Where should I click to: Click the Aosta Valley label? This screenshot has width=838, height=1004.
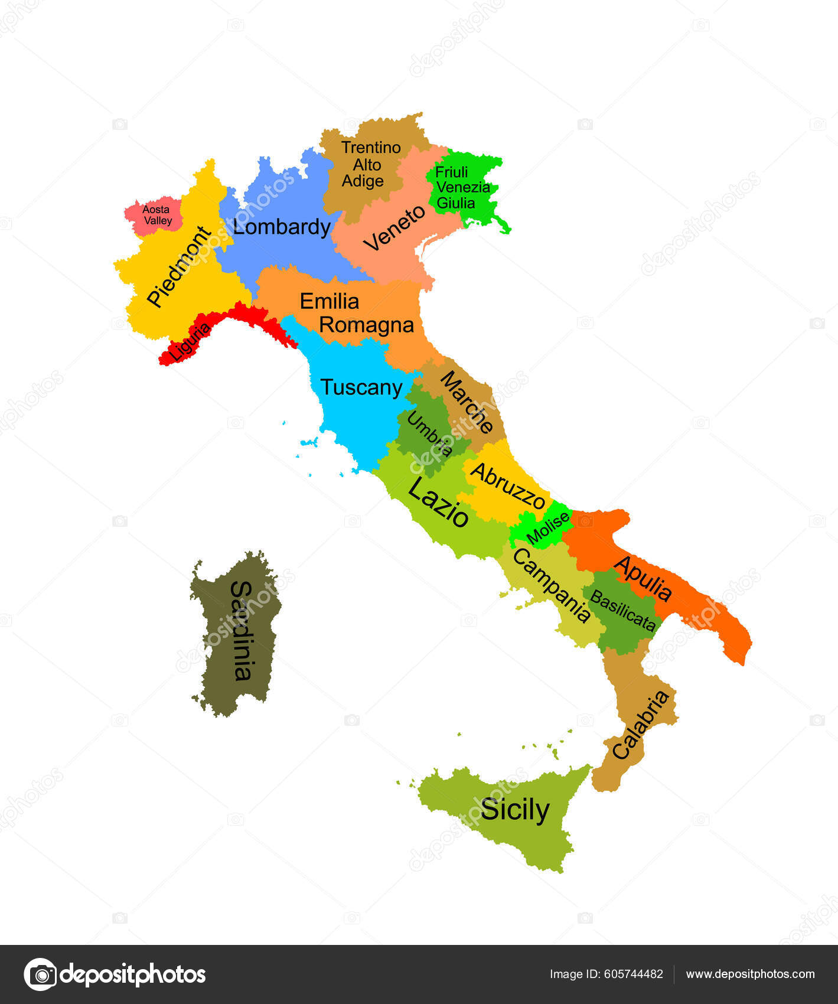point(157,215)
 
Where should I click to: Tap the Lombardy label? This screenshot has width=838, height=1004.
point(281,227)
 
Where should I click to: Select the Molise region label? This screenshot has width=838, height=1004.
point(549,528)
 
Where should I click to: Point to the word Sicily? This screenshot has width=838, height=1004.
point(514,810)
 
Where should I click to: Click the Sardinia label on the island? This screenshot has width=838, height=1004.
point(241,630)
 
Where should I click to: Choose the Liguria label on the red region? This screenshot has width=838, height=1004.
point(190,343)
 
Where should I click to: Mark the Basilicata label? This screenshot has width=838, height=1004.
point(622,611)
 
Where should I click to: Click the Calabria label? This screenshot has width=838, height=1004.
point(641,725)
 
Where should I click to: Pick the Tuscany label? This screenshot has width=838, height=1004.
point(361,387)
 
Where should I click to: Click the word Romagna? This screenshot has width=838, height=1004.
point(366,325)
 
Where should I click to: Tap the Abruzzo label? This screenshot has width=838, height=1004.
point(507,486)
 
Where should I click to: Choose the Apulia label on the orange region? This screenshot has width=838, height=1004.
point(643,578)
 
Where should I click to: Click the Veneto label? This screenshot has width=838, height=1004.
point(394,228)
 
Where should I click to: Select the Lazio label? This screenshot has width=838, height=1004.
point(438,502)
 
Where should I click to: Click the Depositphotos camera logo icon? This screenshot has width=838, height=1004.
point(40,974)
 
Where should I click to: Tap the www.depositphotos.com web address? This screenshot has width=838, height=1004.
point(750,974)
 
